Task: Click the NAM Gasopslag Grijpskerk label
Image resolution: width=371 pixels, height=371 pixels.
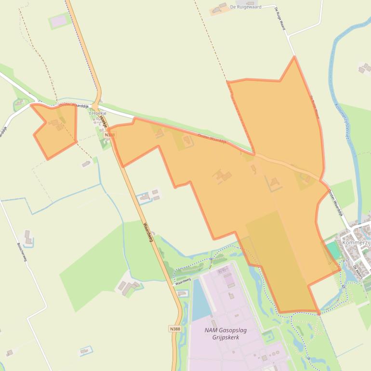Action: coord(222,333)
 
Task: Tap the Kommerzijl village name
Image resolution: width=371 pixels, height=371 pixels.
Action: coord(356,243)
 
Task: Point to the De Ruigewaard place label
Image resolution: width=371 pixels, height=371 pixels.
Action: coord(245,7)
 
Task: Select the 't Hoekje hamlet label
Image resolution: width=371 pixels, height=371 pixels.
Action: coord(98,113)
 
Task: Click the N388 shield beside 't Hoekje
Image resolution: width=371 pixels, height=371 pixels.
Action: coord(109,135)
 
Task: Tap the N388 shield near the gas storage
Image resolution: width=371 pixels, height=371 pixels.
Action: coord(175,329)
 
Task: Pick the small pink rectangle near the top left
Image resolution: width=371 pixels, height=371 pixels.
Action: coord(59,21)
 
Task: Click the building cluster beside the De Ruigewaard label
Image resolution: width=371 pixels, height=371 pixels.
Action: coord(220,8)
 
